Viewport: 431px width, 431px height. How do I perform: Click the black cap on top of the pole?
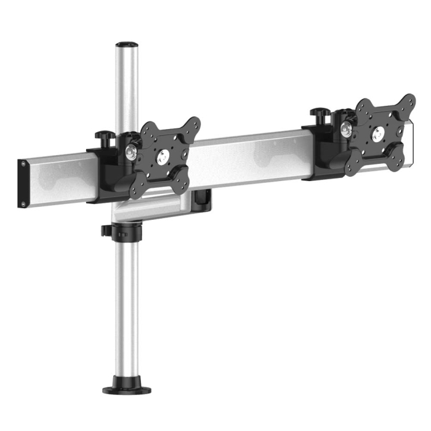point(125,44)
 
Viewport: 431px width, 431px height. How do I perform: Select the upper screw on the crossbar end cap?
point(23,164)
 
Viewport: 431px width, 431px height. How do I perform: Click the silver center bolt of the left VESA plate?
point(163,157)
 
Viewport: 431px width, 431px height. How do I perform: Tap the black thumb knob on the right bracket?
point(318,114)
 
